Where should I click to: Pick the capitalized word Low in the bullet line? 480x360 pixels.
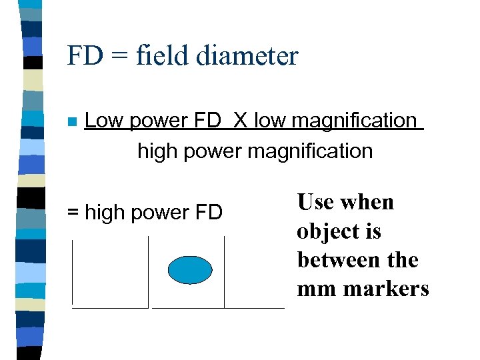[x=105, y=121]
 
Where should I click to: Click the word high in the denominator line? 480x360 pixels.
[x=157, y=151]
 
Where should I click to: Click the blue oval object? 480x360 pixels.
[x=190, y=269]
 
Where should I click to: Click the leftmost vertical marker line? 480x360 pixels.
[x=72, y=272]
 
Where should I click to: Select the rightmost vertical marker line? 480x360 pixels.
[x=225, y=272]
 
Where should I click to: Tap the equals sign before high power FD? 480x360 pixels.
[x=73, y=213]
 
